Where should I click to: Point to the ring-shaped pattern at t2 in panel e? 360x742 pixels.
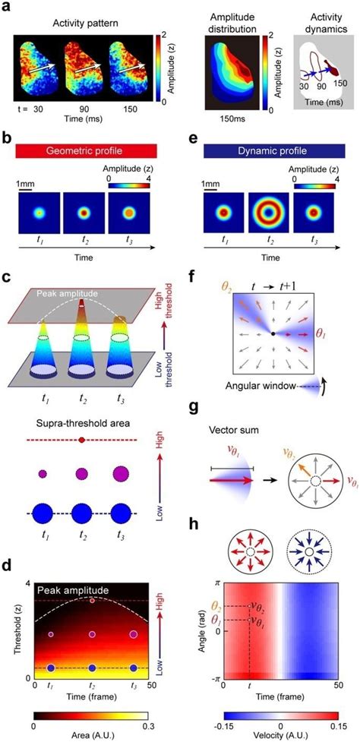tap(269, 215)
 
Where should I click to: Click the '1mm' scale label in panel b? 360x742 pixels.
tap(31, 183)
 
